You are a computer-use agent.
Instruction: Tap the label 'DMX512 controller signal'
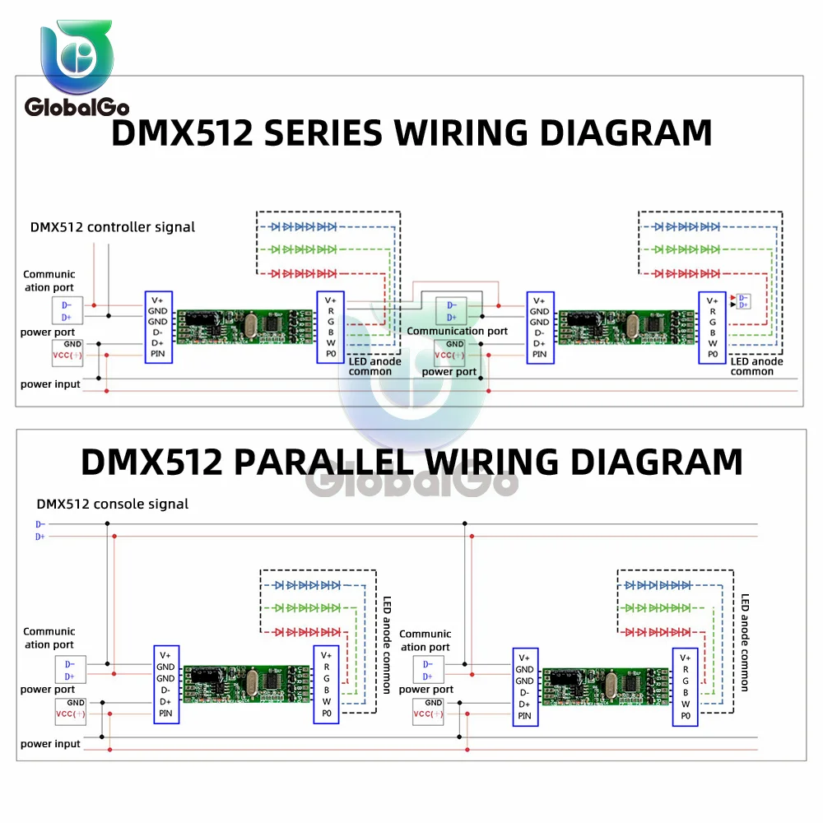click(113, 226)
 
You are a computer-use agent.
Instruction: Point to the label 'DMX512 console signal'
click(113, 504)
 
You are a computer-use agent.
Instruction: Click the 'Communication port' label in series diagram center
click(458, 331)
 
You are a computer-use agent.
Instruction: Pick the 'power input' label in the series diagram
click(51, 384)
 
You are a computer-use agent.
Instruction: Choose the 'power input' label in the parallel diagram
click(51, 744)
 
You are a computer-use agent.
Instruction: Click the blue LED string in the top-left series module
click(305, 226)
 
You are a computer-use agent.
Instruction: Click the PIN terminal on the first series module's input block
click(158, 354)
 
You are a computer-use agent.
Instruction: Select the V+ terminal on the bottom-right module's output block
click(685, 658)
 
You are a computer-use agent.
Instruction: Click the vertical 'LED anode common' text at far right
click(745, 642)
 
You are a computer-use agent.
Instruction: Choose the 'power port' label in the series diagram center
click(449, 371)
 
